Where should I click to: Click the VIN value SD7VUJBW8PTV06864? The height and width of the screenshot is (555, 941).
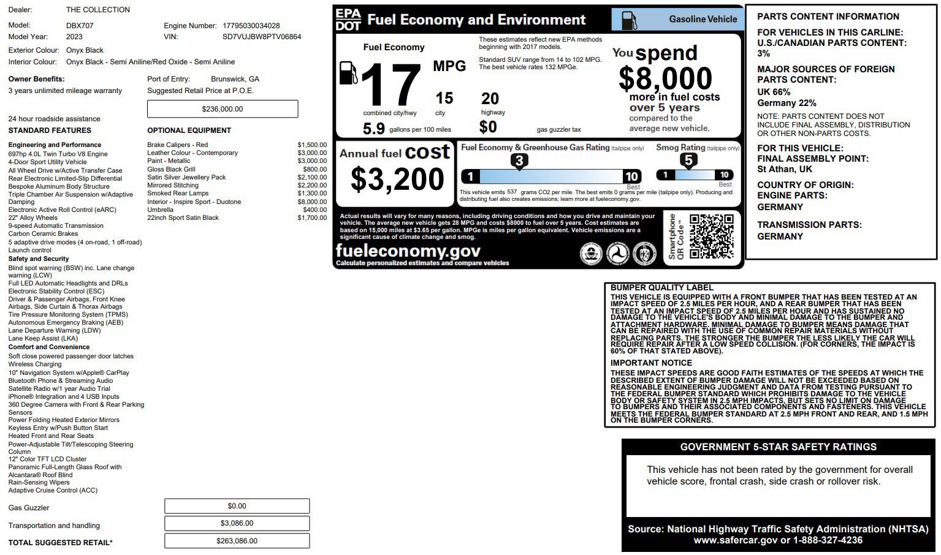262,37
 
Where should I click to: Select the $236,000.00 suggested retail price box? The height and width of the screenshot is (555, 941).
223,109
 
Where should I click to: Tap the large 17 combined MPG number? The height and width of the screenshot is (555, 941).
390,86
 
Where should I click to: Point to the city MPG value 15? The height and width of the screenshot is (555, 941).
444,99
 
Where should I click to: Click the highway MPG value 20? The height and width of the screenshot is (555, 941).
490,99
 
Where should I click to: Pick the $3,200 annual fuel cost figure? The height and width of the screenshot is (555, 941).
397,179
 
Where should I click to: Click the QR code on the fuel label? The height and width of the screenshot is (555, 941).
711,236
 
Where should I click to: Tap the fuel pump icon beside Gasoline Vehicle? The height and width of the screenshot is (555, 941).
629,20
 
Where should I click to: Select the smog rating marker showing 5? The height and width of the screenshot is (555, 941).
688,160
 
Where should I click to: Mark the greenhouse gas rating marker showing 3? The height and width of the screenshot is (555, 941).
519,161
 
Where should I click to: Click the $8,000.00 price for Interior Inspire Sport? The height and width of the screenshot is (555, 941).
312,202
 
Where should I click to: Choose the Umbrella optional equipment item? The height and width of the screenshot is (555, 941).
160,210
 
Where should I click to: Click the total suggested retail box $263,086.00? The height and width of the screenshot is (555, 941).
237,541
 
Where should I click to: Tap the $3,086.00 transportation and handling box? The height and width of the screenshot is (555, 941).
237,523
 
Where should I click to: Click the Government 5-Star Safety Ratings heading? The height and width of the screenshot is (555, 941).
778,447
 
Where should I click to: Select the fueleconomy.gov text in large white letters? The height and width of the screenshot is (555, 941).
408,251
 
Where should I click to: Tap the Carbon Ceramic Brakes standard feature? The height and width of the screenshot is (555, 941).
43,233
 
